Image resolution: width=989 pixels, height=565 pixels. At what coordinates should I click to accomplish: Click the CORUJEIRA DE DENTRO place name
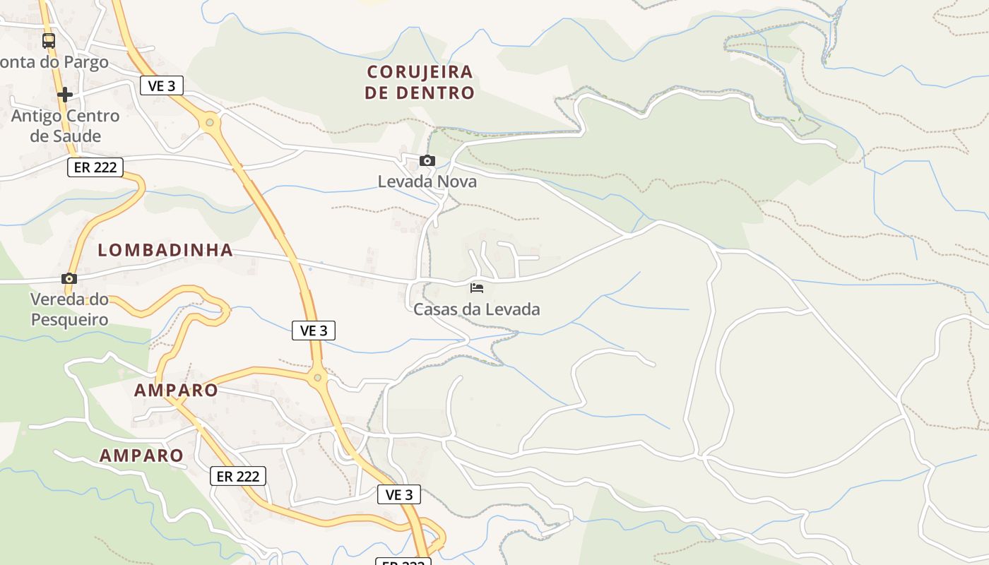point(420,82)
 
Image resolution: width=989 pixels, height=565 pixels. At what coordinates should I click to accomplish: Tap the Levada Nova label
point(427,182)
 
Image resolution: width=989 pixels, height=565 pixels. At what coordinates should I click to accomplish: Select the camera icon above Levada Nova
point(427,161)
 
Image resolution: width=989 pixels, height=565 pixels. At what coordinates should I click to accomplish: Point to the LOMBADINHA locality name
point(165,249)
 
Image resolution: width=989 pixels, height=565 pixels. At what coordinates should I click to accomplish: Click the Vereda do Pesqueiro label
point(69,309)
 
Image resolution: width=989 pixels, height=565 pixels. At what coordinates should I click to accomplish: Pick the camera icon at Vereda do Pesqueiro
point(69,278)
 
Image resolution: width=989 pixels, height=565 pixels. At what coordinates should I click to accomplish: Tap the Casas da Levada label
point(476,309)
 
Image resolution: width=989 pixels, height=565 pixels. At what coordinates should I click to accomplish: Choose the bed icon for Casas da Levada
point(477,287)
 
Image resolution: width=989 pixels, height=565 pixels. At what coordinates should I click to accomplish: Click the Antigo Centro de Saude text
point(65,126)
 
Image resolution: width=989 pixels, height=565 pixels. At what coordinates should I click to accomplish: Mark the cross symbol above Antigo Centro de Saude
point(65,94)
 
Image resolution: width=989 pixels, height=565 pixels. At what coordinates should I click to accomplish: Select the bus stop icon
point(48,41)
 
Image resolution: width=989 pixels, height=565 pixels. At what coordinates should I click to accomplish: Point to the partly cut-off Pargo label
point(54,62)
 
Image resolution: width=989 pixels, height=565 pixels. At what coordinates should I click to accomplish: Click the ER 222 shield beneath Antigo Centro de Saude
point(95,167)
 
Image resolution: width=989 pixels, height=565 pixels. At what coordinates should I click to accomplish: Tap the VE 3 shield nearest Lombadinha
point(314,330)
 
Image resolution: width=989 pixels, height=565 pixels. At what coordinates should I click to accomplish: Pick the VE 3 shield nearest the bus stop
point(162,85)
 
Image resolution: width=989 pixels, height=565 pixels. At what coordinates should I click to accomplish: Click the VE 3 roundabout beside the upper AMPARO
point(317,378)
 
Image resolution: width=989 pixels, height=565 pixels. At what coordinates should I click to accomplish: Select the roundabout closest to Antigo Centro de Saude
point(209,123)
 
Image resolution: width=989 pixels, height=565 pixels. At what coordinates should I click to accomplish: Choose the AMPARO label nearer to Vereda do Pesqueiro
point(176,390)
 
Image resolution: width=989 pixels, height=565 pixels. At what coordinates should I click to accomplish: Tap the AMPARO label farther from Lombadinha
point(141,455)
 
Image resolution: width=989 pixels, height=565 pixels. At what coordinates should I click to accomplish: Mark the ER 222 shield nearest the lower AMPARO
point(238,476)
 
